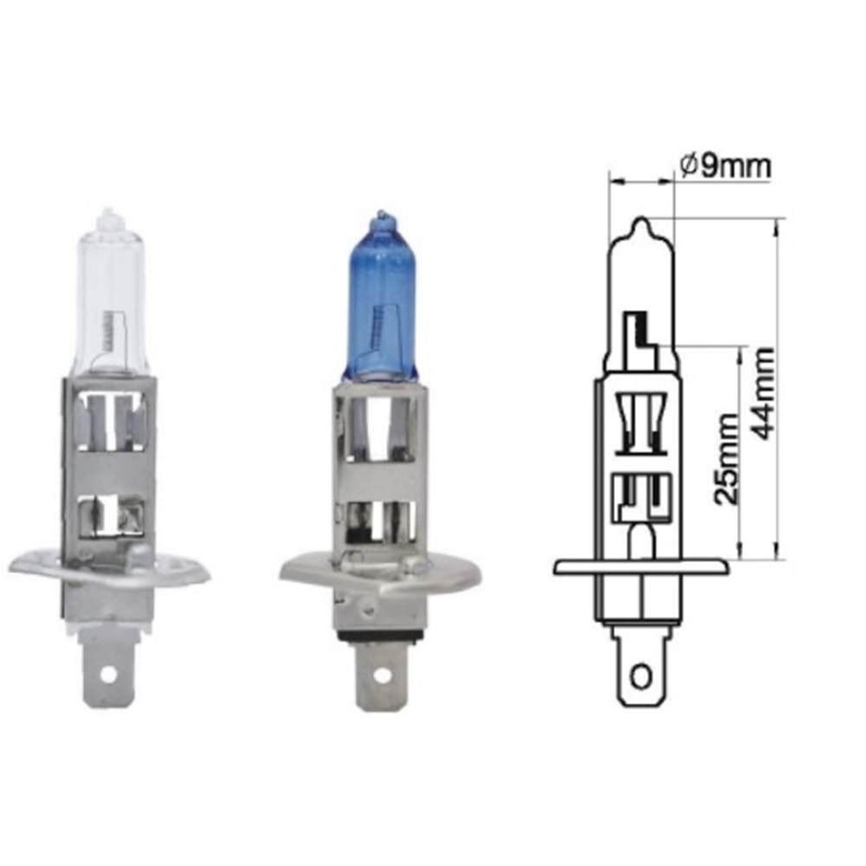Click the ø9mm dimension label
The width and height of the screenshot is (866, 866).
[x=726, y=165]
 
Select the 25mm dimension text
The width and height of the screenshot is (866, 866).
[x=726, y=459]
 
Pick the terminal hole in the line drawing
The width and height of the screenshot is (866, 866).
[x=641, y=675]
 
